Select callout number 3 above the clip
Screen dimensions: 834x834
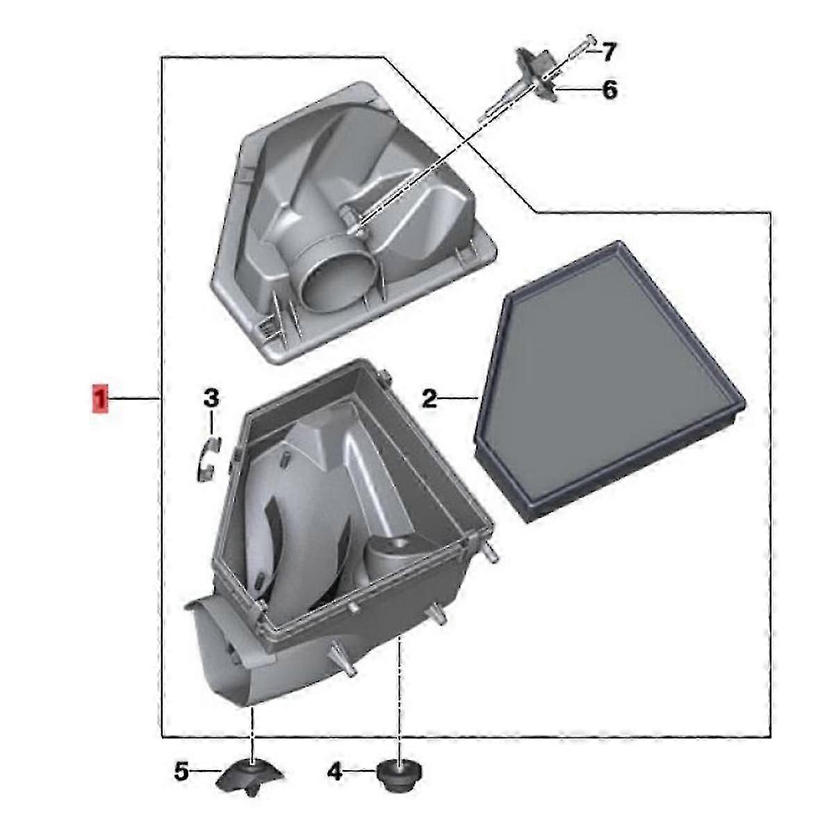pyautogui.click(x=211, y=398)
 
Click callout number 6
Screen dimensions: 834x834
pyautogui.click(x=609, y=90)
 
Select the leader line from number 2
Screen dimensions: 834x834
pyautogui.click(x=459, y=398)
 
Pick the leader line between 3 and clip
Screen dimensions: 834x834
pyautogui.click(x=212, y=424)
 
